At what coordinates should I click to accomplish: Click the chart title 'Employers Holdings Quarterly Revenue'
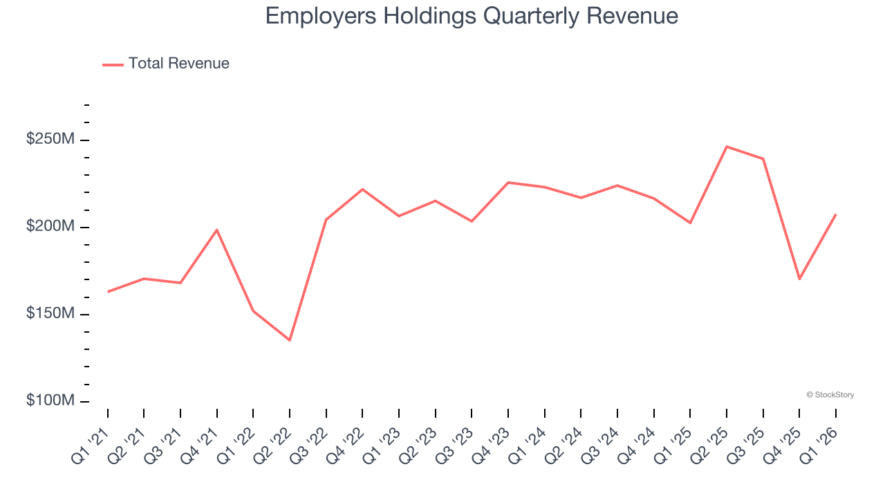click(472, 16)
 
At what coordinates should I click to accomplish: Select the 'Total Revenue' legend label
click(178, 64)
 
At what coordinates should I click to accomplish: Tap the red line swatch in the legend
click(113, 64)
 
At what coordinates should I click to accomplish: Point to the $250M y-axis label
click(50, 140)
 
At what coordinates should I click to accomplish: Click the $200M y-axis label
click(50, 227)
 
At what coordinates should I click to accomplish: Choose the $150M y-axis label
click(50, 314)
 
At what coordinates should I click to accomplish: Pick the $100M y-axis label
click(50, 401)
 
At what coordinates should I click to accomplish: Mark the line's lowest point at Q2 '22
click(290, 340)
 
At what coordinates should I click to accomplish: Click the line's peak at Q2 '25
click(727, 147)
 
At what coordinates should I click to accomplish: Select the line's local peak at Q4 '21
click(217, 230)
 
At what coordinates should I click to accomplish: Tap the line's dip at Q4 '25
click(799, 279)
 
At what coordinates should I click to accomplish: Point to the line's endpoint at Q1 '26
click(835, 214)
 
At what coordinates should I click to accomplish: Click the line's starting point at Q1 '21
click(108, 292)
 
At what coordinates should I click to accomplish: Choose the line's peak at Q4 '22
click(362, 189)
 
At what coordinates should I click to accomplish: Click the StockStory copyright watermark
click(830, 395)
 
